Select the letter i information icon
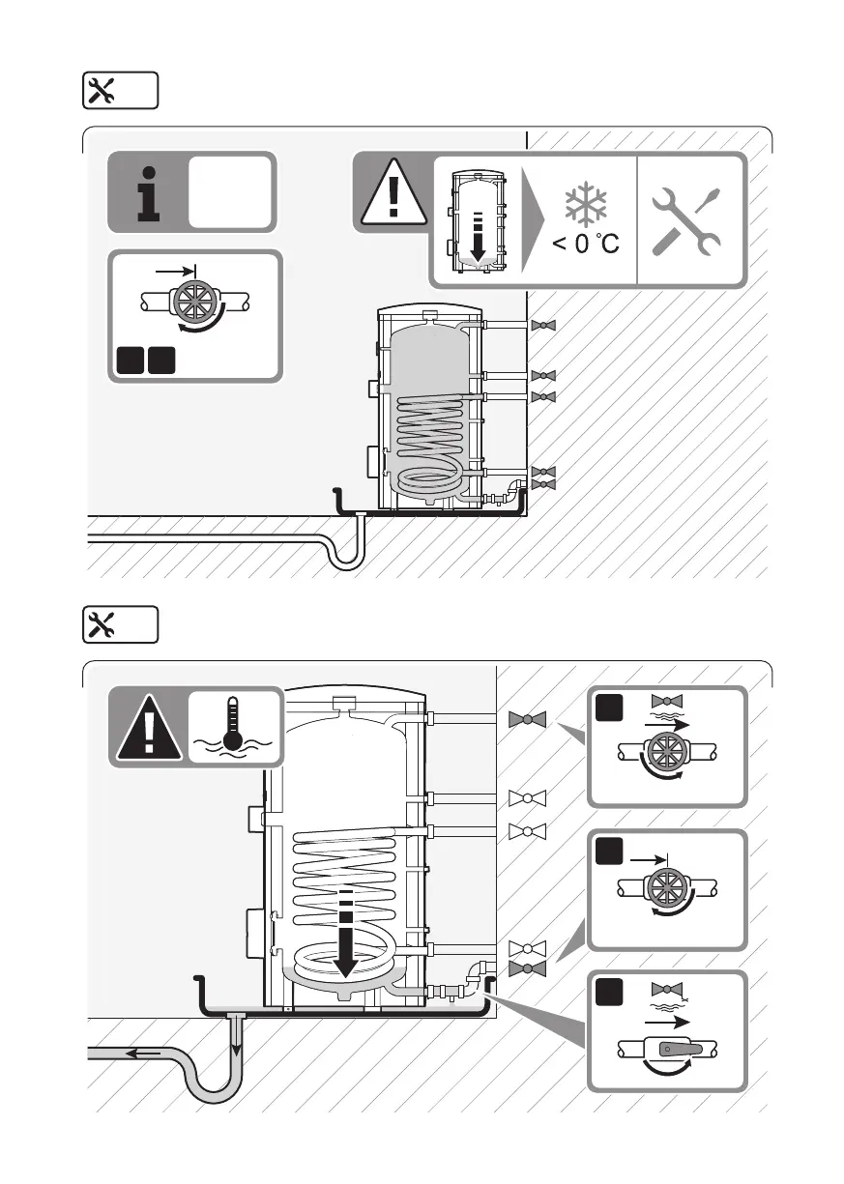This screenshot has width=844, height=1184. [x=147, y=192]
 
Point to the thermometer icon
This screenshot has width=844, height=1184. [x=231, y=727]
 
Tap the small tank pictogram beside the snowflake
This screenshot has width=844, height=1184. [x=476, y=221]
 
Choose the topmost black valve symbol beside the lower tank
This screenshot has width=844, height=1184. [x=527, y=719]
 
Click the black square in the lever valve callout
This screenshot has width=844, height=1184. [x=608, y=992]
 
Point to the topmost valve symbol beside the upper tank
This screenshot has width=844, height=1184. [x=544, y=326]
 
